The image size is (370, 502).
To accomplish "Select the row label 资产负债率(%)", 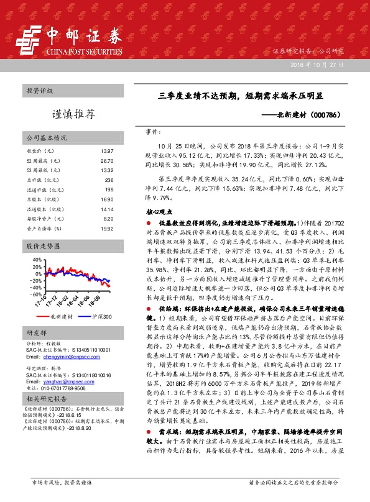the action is click(x=44, y=229).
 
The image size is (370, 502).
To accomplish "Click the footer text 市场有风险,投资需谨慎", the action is click(x=62, y=481).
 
